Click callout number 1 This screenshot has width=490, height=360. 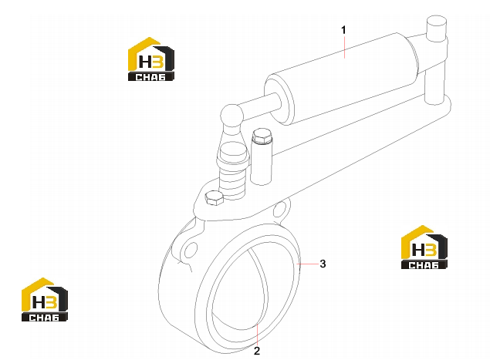pyautogui.click(x=343, y=30)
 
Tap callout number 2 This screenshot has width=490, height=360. pyautogui.click(x=257, y=351)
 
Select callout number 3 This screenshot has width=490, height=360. pyautogui.click(x=323, y=264)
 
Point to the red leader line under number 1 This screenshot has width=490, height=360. pyautogui.click(x=344, y=47)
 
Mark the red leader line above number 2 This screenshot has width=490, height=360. pyautogui.click(x=257, y=335)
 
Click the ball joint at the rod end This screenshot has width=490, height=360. pyautogui.click(x=231, y=115)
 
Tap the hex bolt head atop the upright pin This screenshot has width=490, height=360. pyautogui.click(x=262, y=136)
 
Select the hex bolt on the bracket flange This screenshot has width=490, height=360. pyautogui.click(x=214, y=197)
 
